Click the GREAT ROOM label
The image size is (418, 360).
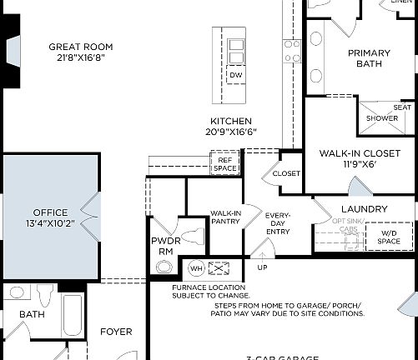tap(80, 47)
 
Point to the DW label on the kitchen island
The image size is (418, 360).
tap(236, 75)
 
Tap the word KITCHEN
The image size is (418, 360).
tap(231, 122)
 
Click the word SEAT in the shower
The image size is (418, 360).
tap(402, 107)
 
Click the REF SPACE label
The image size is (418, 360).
tap(225, 164)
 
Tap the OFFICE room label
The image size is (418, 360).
tap(50, 212)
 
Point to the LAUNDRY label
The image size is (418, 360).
tap(365, 208)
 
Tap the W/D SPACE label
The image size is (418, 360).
tap(389, 237)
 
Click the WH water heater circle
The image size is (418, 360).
tap(196, 269)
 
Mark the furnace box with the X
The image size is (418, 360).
tap(219, 269)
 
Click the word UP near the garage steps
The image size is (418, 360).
tap(262, 268)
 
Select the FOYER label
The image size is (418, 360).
tap(116, 332)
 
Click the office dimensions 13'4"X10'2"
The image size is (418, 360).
tap(50, 223)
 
